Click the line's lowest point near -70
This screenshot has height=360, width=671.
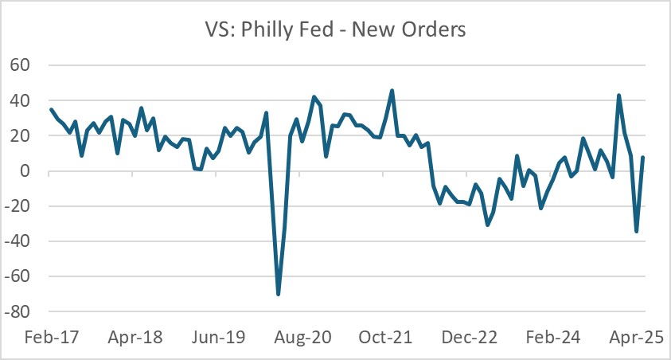point(278,294)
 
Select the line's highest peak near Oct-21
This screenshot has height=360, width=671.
point(392,91)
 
